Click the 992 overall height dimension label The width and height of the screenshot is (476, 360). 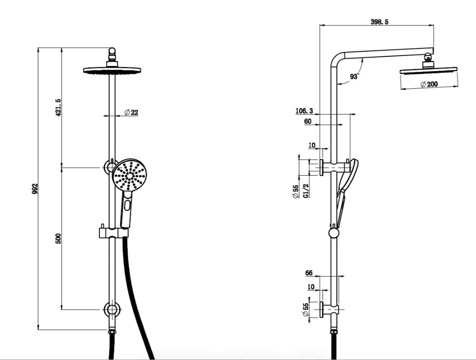coord(34,189)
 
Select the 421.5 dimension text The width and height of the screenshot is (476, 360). coord(58,107)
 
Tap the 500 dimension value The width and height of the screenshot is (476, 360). coord(58,238)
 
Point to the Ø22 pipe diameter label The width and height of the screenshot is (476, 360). coord(131,112)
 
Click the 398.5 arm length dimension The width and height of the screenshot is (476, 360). coord(379,21)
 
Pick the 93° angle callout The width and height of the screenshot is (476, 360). coord(354,77)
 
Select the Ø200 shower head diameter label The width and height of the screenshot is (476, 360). coord(429,84)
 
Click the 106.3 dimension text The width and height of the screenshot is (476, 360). coord(304,111)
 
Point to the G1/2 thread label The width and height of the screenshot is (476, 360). coord(305,189)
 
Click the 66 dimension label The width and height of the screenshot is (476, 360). coord(309,273)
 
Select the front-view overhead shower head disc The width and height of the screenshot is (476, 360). coord(112,70)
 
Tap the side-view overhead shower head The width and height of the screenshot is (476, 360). coord(428,70)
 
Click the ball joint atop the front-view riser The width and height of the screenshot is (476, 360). coord(111,51)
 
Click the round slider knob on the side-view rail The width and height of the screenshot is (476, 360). coord(334,232)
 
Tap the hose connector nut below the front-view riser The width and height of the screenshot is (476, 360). coord(111,330)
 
